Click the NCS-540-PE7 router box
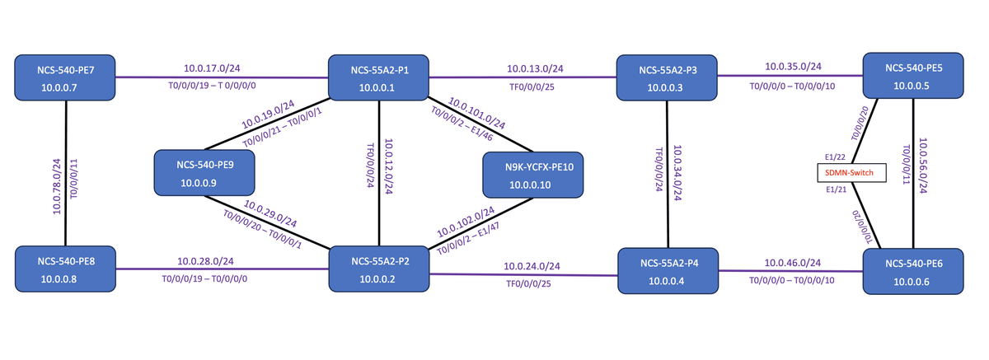(x=65, y=77)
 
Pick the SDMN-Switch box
(x=851, y=173)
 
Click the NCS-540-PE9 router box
(x=205, y=173)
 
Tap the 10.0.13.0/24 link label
(x=535, y=69)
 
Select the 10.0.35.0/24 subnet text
(x=793, y=67)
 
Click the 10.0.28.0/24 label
(x=204, y=261)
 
